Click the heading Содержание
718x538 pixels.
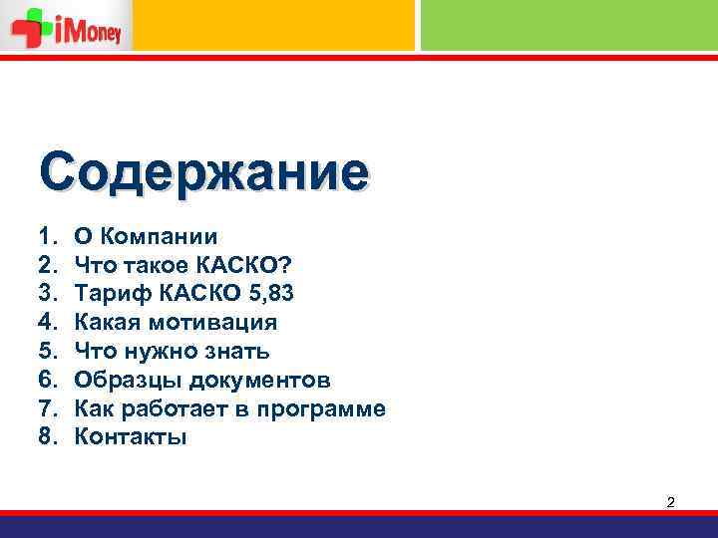click(x=203, y=171)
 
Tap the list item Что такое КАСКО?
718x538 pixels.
click(x=183, y=265)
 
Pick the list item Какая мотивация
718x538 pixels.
click(x=177, y=323)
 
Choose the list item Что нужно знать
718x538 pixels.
click(x=172, y=352)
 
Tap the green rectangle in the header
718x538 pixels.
click(x=568, y=25)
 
